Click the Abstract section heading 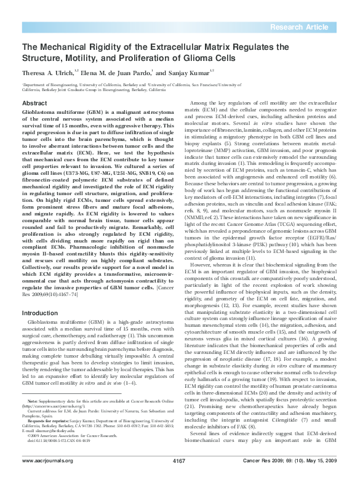coord(34,102)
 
